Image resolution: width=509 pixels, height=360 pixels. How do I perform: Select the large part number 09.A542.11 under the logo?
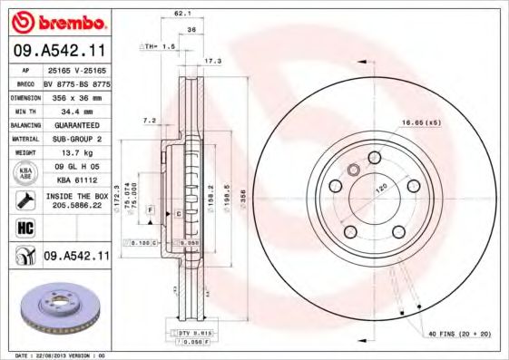click(x=58, y=51)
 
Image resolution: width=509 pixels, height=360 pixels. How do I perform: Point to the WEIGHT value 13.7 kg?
click(x=71, y=153)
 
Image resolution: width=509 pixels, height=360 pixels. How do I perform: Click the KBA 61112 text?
click(x=71, y=181)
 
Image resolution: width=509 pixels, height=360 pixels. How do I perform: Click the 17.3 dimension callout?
click(x=213, y=61)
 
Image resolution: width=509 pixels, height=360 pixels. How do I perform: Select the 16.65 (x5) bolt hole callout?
click(x=422, y=121)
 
